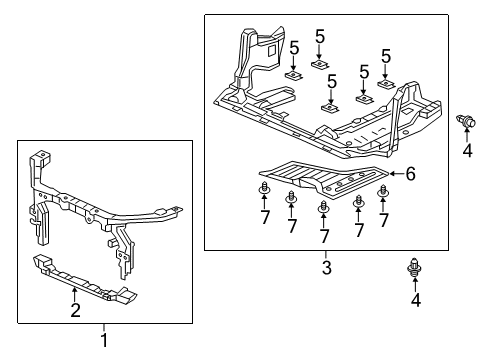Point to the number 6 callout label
[409, 173]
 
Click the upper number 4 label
[466, 151]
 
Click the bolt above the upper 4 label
[465, 124]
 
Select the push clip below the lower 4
[413, 268]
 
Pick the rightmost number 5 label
[386, 56]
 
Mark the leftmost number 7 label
[266, 217]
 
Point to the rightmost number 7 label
[383, 220]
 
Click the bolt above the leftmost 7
[266, 190]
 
